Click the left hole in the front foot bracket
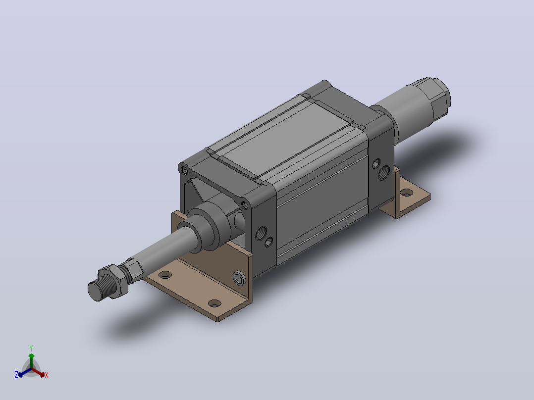coord(165,274)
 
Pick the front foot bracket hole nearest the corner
coord(214,303)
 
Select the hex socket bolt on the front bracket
coord(240,279)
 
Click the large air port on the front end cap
coord(261,233)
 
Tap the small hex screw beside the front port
coord(268,242)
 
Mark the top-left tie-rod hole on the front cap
coord(184,169)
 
